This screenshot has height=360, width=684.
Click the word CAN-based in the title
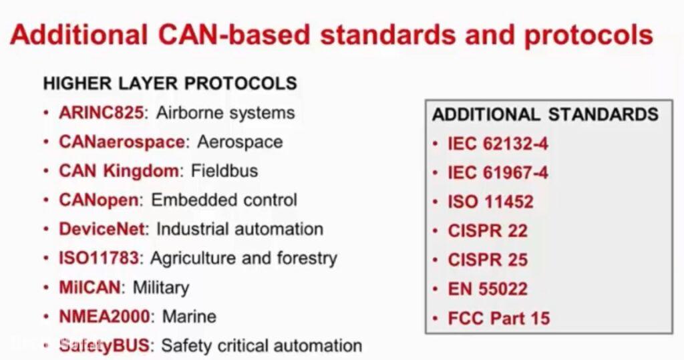click(233, 35)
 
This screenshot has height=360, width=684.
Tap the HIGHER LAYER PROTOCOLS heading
click(170, 83)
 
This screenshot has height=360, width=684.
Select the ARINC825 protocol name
click(101, 113)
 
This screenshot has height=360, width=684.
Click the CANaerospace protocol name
click(122, 142)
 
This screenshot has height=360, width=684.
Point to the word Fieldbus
click(224, 170)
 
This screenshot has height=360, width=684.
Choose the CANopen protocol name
click(99, 200)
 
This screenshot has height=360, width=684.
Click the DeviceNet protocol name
click(102, 229)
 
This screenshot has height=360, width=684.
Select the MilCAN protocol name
click(90, 287)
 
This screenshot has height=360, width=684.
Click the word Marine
click(189, 317)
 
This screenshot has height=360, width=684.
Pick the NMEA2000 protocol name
click(104, 317)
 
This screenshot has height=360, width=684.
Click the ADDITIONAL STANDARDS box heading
click(545, 114)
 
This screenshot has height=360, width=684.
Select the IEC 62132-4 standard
click(498, 144)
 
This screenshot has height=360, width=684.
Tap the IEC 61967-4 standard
click(498, 173)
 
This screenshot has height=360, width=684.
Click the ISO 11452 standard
click(490, 202)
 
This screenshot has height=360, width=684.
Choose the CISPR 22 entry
click(488, 231)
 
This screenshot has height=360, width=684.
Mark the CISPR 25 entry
click(488, 260)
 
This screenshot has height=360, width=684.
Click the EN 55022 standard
click(488, 289)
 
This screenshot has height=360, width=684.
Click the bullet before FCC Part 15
click(436, 319)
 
